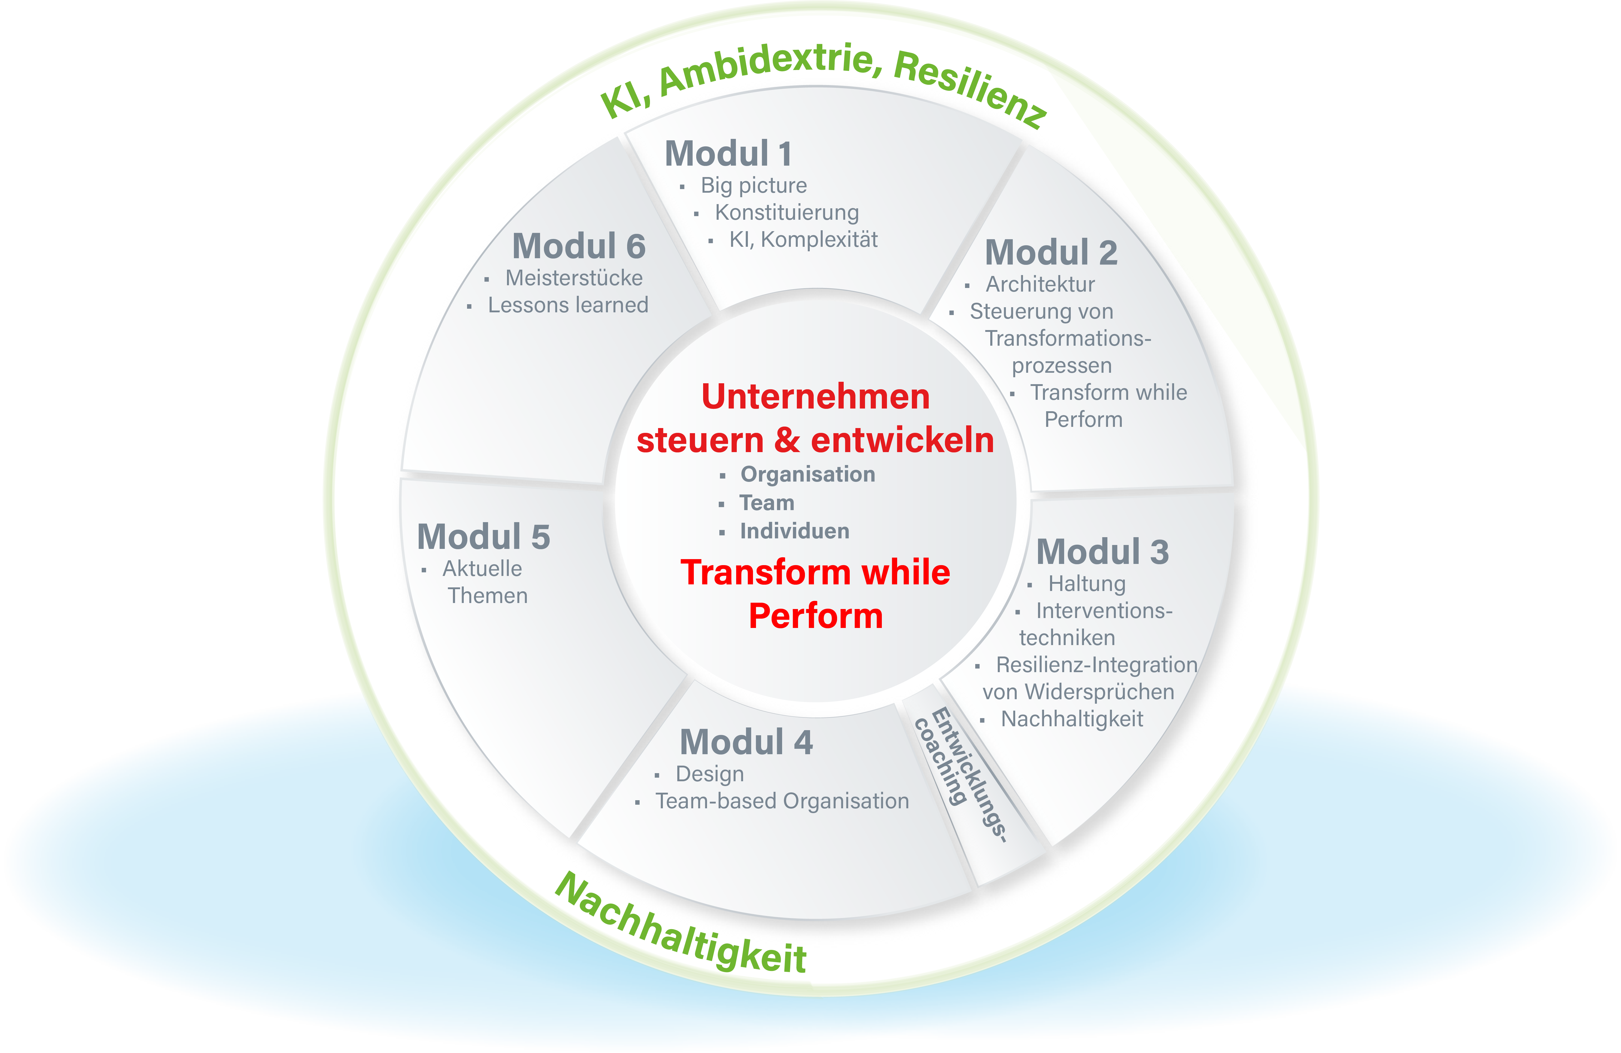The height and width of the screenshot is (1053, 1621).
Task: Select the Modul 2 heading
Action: click(x=1051, y=253)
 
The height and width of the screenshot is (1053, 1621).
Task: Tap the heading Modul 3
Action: click(x=1102, y=552)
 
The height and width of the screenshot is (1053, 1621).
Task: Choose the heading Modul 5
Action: click(x=483, y=537)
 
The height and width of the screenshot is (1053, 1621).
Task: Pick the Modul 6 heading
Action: click(x=578, y=246)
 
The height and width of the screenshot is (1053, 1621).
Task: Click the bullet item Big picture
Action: click(x=753, y=185)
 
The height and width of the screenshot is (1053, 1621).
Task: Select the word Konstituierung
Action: click(x=787, y=213)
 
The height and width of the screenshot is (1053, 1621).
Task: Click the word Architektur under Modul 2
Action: click(x=1040, y=284)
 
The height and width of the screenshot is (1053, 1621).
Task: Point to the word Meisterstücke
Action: click(x=573, y=278)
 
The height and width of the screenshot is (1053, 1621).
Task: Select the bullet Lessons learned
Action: click(x=567, y=305)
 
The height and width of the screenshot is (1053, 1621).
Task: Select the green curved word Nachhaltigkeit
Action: click(x=681, y=927)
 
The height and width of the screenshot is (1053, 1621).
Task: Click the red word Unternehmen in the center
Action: click(x=815, y=397)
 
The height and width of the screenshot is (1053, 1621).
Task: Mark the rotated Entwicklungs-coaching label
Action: click(x=960, y=773)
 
